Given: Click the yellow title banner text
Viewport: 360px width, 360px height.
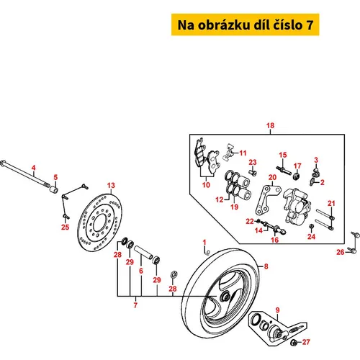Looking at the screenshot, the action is (246, 25).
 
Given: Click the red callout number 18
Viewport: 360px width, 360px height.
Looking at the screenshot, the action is (270, 125).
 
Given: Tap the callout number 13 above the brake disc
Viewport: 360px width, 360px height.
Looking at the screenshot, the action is (111, 185).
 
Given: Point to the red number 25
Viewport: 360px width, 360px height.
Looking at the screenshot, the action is (65, 227).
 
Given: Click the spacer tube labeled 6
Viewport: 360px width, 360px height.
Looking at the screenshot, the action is (143, 252).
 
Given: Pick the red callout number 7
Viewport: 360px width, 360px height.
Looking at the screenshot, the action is (135, 305).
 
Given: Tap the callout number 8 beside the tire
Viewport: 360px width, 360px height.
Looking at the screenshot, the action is (266, 266).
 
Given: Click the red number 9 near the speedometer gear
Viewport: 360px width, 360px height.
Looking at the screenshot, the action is (278, 310).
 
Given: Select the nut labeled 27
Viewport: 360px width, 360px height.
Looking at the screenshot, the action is (294, 343).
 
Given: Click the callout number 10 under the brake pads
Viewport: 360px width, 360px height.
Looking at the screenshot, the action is (206, 185).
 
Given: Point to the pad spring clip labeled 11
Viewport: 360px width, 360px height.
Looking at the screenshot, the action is (229, 153).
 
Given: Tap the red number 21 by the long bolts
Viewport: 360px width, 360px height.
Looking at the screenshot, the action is (331, 204).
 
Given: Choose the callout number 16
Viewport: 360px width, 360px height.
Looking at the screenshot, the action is (275, 240).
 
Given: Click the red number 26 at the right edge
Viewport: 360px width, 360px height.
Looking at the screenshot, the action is (341, 252).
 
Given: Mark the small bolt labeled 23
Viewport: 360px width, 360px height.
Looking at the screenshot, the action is (253, 172).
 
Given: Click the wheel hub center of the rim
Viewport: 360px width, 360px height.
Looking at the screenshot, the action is (225, 297).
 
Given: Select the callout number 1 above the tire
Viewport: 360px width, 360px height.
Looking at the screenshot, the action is (204, 243).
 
